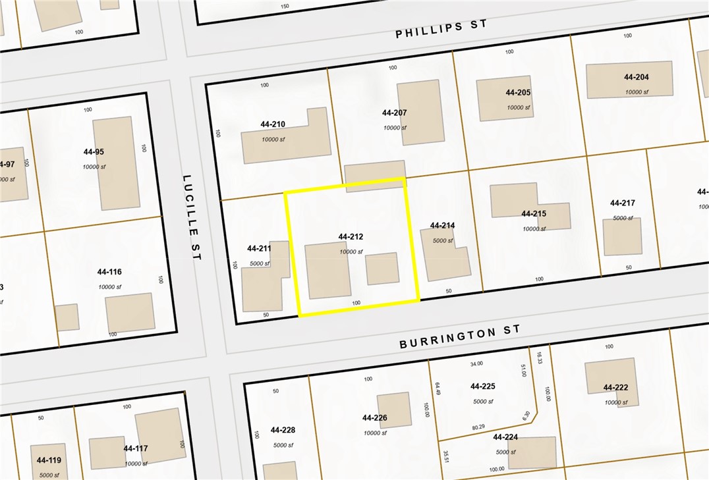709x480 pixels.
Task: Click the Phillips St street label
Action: tap(441, 28)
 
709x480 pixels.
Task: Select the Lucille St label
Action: tap(190, 217)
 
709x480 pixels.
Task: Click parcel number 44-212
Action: tap(351, 236)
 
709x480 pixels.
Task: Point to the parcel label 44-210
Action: tap(273, 124)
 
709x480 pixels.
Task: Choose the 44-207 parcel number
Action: tap(394, 113)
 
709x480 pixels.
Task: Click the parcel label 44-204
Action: tap(637, 77)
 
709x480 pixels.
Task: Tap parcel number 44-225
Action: tap(482, 387)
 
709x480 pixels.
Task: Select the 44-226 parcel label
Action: tap(374, 417)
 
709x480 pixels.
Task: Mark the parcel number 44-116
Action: tap(109, 272)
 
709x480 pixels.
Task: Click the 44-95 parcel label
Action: tap(94, 152)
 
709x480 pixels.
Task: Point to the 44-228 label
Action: tap(283, 430)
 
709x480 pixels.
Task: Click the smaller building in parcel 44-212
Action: tap(382, 269)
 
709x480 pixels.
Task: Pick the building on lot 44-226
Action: tap(394, 410)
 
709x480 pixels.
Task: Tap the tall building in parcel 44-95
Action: tap(117, 163)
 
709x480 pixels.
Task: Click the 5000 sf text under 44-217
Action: tap(622, 218)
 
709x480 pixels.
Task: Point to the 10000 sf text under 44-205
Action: tap(518, 107)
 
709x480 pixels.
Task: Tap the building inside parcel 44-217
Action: tap(622, 237)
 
